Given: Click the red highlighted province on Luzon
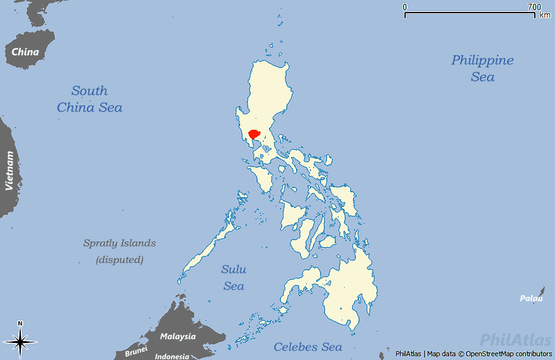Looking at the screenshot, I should (x=255, y=134).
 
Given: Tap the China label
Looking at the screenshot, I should (x=25, y=52).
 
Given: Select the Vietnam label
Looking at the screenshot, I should (x=9, y=170).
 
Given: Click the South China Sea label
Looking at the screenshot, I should (x=89, y=99).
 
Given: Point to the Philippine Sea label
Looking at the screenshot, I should (x=483, y=68).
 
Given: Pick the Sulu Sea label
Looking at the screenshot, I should (x=234, y=277).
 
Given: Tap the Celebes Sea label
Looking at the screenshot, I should (x=308, y=347).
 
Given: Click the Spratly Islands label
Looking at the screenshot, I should (x=120, y=243).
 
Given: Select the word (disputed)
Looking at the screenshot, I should (x=120, y=259).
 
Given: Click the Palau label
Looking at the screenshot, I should (x=531, y=298).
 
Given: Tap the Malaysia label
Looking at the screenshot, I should (x=178, y=336).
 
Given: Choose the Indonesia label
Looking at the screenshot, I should (x=172, y=356).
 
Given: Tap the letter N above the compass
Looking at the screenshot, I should (x=20, y=323).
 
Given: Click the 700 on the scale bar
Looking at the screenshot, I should (x=534, y=7).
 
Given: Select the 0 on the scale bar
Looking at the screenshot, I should (x=405, y=7).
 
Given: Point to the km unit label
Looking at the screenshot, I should (x=545, y=15).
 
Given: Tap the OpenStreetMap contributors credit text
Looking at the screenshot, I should (x=508, y=354).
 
